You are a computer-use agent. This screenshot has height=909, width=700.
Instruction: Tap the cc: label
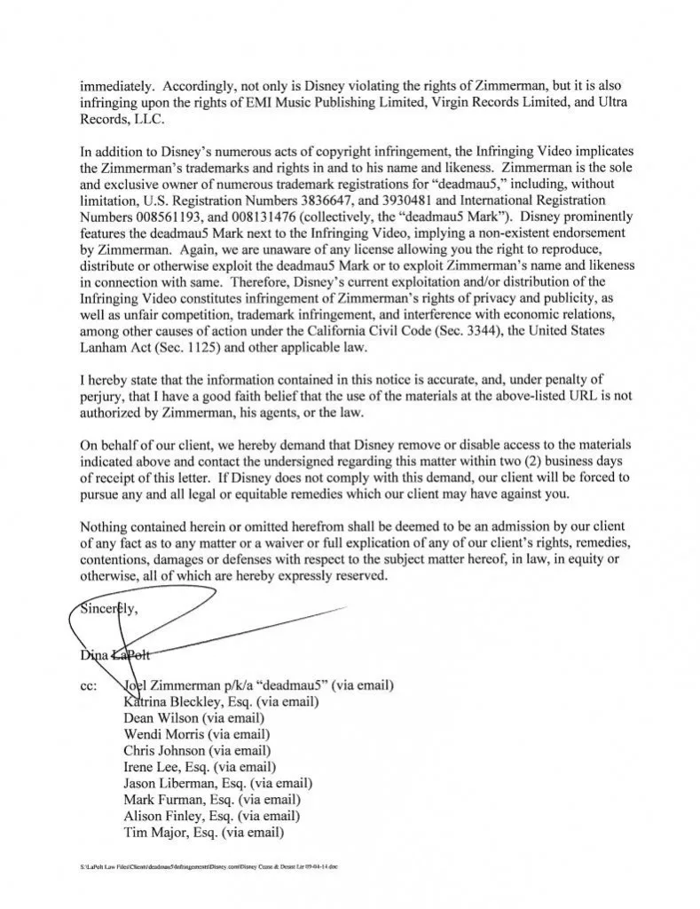click(89, 684)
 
